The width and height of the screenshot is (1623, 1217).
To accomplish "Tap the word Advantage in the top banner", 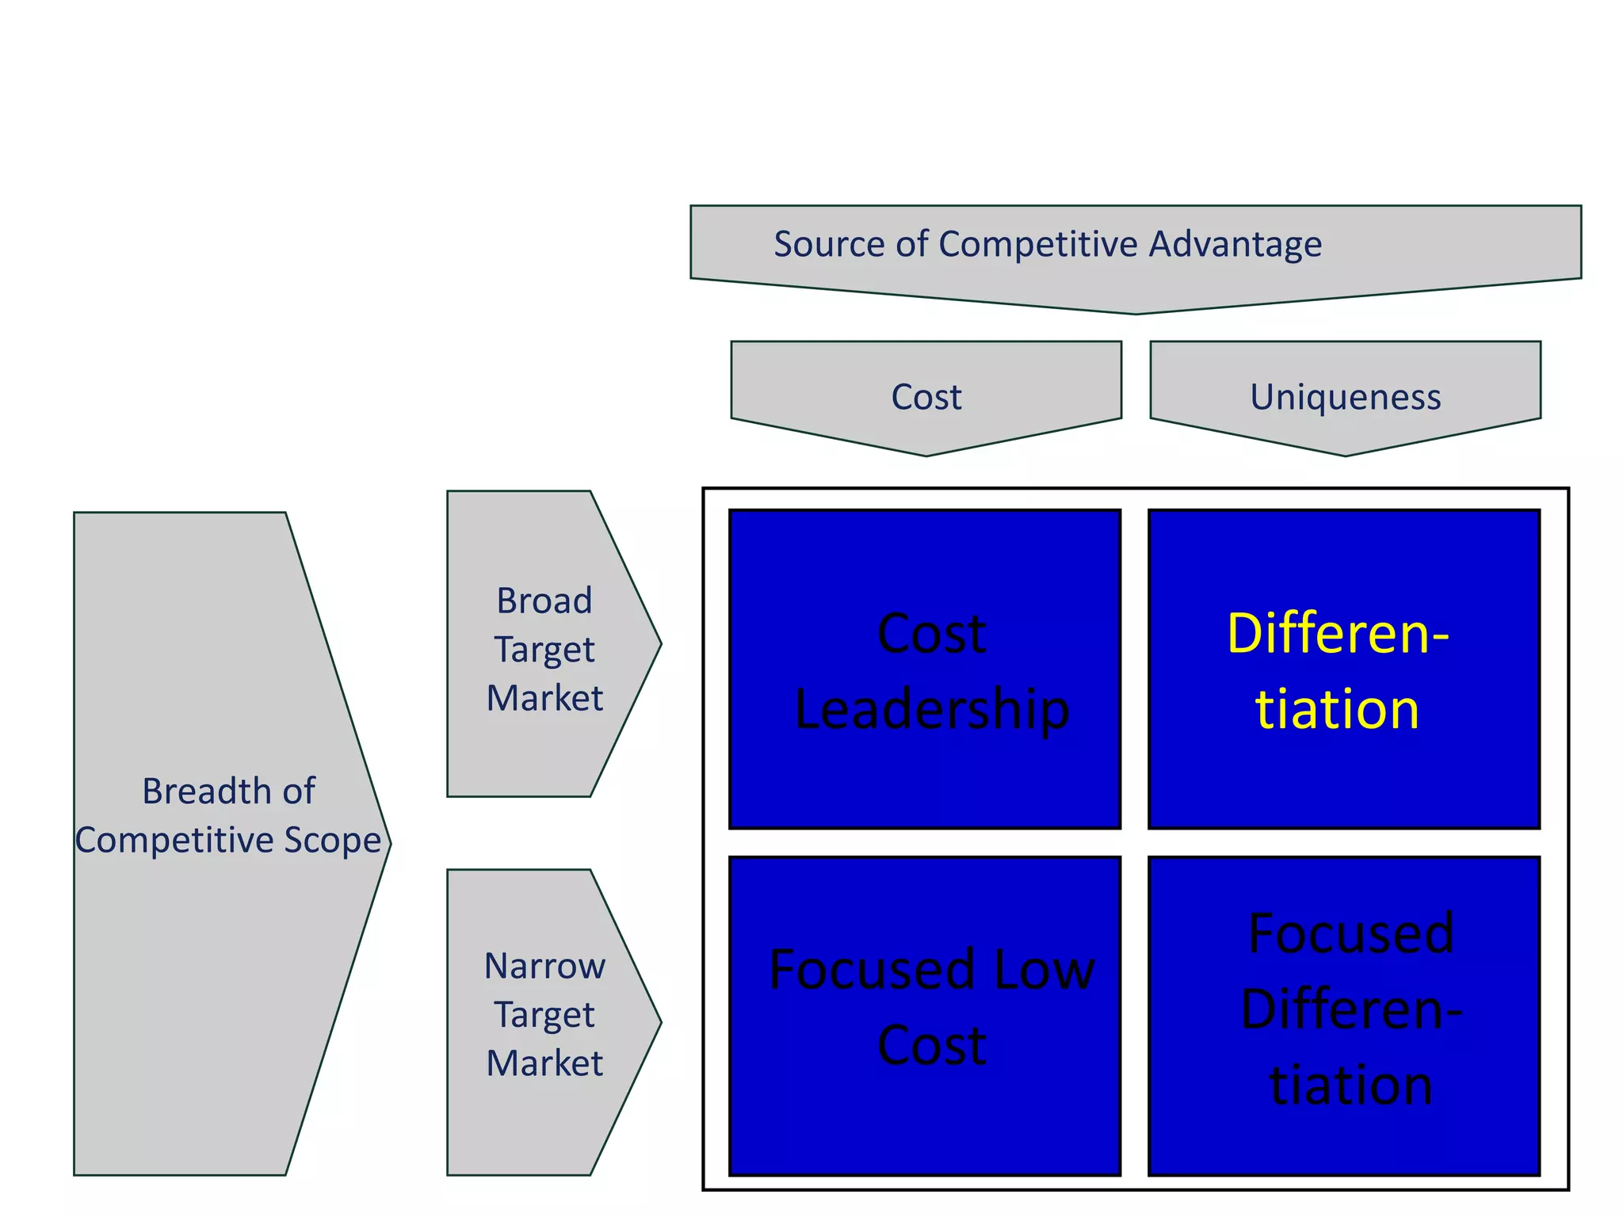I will point(1235,243).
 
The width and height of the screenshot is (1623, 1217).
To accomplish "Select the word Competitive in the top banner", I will point(1038,243).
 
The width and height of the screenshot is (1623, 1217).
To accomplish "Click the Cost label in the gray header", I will point(926,396).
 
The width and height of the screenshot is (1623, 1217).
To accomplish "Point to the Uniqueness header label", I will point(1345,396).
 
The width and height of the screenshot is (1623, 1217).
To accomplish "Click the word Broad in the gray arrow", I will point(544,601).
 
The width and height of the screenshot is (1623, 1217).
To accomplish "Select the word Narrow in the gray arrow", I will point(544,966).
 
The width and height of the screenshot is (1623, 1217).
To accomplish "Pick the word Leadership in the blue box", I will point(931,708).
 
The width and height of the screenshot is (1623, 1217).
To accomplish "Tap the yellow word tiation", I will point(1337,708).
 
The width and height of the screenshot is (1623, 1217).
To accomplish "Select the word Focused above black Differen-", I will point(1351,933).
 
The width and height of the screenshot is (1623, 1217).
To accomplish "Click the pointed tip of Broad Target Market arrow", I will point(659,643).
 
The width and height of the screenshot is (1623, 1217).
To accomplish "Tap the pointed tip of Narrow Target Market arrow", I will point(659,1022).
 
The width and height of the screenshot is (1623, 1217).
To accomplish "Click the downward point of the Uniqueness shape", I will point(1345,454).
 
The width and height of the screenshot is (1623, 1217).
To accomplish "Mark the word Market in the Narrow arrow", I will point(544,1063).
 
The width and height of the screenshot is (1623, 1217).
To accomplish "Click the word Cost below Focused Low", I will point(931,1044).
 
